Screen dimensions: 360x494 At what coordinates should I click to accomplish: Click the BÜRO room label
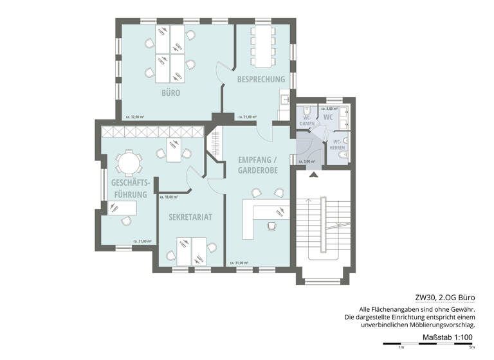click(170, 93)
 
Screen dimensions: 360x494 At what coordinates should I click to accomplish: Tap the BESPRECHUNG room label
click(261, 79)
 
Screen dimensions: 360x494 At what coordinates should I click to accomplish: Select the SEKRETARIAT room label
click(190, 217)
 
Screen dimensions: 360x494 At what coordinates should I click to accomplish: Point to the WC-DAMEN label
click(307, 120)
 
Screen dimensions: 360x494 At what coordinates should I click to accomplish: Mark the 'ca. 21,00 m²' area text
click(247, 117)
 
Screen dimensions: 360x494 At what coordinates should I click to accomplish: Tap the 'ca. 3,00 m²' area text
click(309, 161)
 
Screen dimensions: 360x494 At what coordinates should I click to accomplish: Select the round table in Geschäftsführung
click(128, 163)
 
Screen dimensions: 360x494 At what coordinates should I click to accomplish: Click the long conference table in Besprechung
click(263, 46)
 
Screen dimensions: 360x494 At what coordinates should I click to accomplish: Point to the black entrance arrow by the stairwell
click(313, 174)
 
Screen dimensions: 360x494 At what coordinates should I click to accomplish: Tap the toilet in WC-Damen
click(307, 109)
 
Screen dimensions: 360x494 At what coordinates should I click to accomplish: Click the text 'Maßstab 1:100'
click(448, 337)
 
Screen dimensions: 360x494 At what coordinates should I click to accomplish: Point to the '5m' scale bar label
click(471, 348)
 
